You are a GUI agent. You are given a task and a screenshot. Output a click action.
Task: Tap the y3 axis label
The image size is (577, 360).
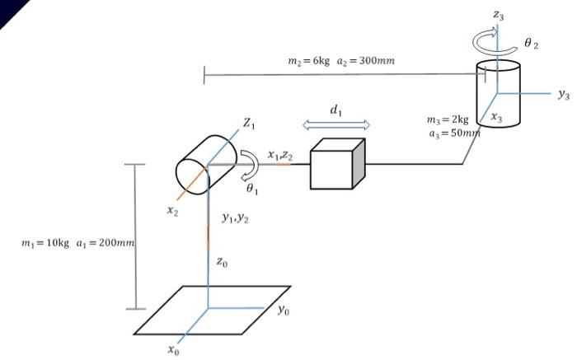click(563, 95)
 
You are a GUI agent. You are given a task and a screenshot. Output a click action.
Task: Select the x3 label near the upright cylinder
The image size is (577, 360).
click(497, 118)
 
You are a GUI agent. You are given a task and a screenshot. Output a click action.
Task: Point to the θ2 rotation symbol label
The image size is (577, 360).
click(531, 44)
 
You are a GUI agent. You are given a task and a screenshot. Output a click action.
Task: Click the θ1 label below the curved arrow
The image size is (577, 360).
click(253, 188)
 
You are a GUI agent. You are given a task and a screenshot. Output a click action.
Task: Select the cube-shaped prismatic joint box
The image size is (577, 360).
click(336, 165)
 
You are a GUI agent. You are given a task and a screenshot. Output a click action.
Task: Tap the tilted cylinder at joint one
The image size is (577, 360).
click(205, 162)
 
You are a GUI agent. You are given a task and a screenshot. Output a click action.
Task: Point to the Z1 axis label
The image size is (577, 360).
click(248, 124)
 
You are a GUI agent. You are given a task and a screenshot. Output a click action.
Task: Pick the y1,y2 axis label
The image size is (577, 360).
click(236, 217)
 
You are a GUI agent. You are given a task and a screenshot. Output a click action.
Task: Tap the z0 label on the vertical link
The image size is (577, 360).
click(223, 261)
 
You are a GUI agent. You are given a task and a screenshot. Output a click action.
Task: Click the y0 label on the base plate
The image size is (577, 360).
click(283, 311)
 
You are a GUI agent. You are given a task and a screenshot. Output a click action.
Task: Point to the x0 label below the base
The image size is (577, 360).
click(172, 350)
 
